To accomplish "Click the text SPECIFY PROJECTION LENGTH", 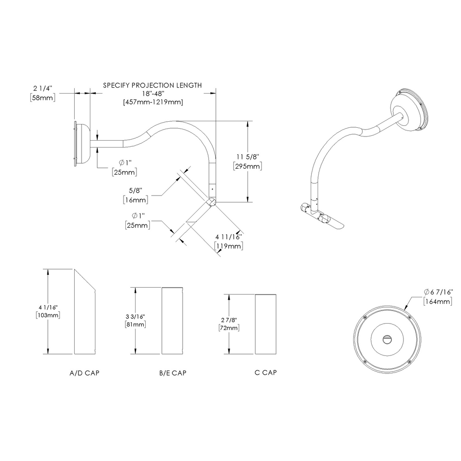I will (x=152, y=85).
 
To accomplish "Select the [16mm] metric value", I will (x=136, y=200).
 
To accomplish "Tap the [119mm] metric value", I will (x=229, y=246).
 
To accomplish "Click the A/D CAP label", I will (x=84, y=372).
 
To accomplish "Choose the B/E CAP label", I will (x=172, y=372).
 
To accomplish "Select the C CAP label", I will (x=266, y=372).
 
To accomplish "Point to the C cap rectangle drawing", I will (x=266, y=324).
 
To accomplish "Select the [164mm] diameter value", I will (x=438, y=301).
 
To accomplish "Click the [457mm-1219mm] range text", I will (x=153, y=102).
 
